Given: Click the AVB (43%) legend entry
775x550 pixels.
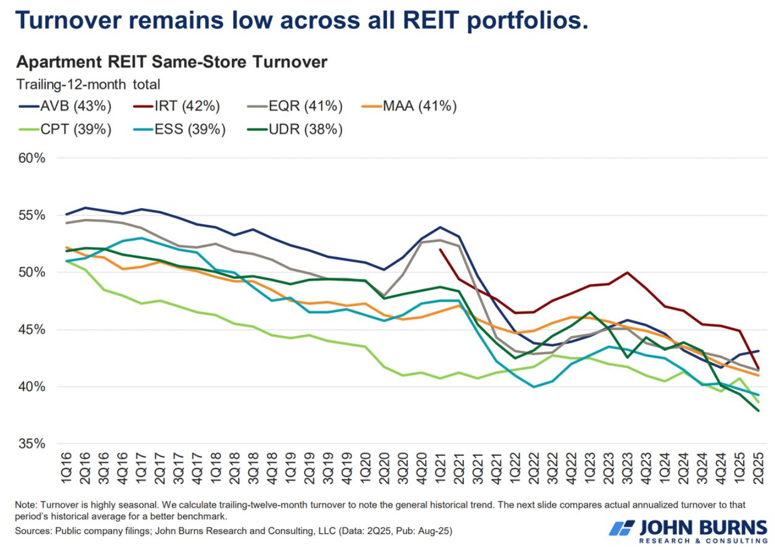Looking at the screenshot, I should (x=65, y=106).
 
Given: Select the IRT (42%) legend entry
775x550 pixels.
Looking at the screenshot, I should (x=177, y=106).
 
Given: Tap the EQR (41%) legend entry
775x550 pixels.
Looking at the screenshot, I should (x=295, y=106).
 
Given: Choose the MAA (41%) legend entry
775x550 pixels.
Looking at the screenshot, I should (x=410, y=106).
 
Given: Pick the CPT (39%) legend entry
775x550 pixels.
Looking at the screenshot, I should (x=65, y=129).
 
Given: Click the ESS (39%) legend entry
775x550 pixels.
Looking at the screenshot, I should (x=180, y=129).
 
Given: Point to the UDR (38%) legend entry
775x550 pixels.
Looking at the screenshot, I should (x=295, y=129).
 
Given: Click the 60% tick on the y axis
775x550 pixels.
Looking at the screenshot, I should (x=32, y=158).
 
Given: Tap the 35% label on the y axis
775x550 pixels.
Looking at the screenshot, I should (x=32, y=444).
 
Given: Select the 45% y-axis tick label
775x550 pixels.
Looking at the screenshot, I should (x=32, y=330).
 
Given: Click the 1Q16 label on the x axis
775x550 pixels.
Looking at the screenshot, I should (x=67, y=468).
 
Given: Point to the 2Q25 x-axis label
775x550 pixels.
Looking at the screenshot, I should (x=758, y=468).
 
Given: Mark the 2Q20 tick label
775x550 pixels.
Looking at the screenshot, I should (x=385, y=468).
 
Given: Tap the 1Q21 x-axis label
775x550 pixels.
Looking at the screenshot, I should (x=441, y=468).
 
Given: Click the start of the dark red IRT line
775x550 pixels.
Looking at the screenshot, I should (x=441, y=250).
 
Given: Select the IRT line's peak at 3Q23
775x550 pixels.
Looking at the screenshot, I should (x=627, y=272).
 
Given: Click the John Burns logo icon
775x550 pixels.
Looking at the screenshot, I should (x=621, y=528).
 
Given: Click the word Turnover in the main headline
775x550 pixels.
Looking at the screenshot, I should (x=69, y=20).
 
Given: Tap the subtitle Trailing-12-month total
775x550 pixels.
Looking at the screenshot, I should (x=88, y=84).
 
